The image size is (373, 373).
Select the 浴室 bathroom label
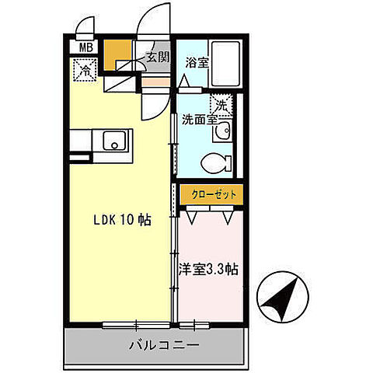tap(196, 64)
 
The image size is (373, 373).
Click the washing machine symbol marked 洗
tap(221, 103)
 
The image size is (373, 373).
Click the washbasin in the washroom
tap(223, 130)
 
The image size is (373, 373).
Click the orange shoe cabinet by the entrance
tap(118, 53)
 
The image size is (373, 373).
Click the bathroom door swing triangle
tap(183, 82)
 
